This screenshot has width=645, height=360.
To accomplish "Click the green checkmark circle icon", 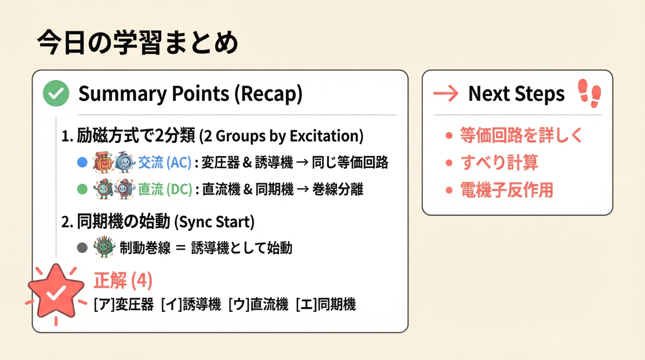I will click(56, 93).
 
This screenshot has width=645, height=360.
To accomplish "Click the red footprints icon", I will click(589, 93).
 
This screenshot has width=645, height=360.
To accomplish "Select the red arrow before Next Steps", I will click(446, 93).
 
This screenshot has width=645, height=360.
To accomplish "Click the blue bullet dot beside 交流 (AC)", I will click(82, 162).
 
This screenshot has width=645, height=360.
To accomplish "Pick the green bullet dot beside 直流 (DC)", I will click(82, 189).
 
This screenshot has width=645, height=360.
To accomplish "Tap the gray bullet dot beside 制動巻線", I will click(82, 248).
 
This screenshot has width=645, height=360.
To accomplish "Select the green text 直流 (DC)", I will click(165, 189).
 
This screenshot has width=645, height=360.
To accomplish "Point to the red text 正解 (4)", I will click(123, 280).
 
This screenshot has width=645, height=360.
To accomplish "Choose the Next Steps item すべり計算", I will click(499, 162).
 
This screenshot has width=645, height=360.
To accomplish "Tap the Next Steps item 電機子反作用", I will click(507, 190).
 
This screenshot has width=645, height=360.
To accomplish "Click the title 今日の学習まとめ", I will click(138, 42).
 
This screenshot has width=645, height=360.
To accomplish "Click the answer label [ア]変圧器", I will click(124, 304).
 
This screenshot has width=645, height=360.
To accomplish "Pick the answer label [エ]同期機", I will click(326, 304).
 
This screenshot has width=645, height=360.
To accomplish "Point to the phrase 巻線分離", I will click(338, 189).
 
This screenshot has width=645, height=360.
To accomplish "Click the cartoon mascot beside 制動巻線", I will click(105, 247).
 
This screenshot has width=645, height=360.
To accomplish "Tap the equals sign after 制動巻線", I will click(181, 248).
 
